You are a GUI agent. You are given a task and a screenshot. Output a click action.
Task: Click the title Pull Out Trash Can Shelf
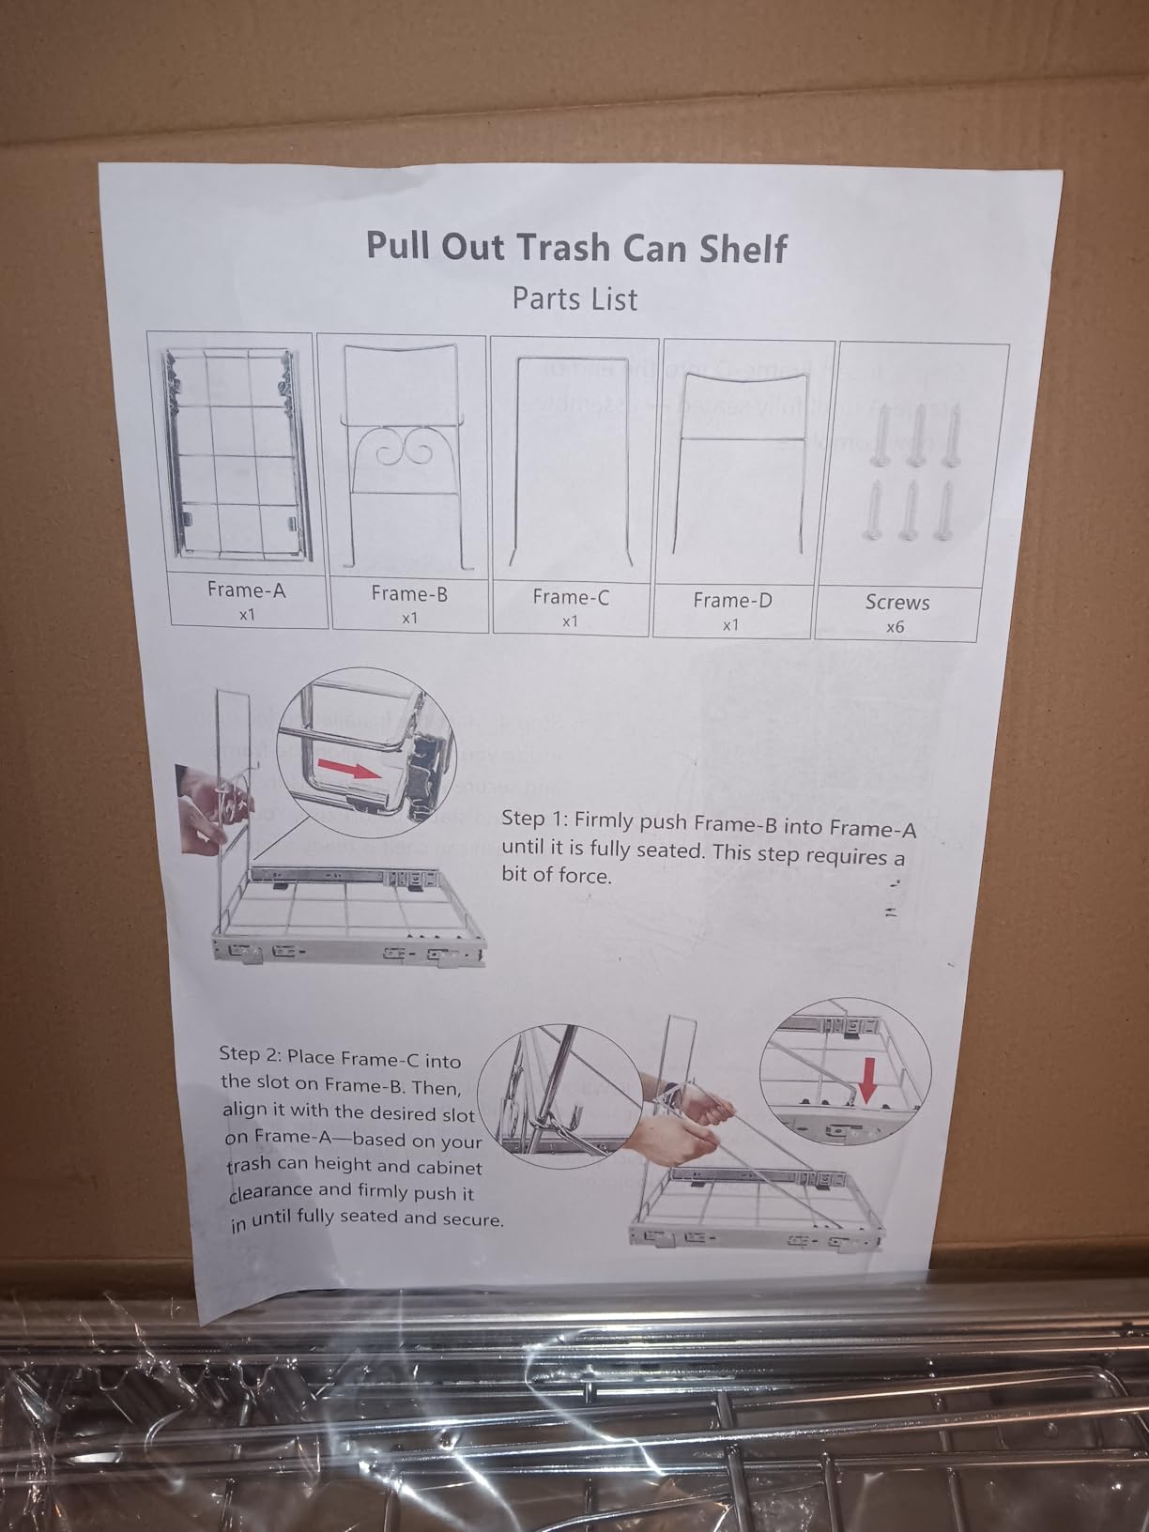point(576,247)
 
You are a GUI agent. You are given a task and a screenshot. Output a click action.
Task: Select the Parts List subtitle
point(574,299)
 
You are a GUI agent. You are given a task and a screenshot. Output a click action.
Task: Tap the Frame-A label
point(246,590)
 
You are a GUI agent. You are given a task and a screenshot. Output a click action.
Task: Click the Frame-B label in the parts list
point(408,593)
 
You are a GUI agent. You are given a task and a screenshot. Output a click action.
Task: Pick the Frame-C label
point(570,597)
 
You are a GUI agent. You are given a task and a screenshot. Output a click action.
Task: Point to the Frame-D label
point(732,601)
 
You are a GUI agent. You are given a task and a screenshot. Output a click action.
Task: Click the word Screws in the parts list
point(896,603)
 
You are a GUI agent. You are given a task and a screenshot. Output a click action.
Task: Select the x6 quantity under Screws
point(895,626)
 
